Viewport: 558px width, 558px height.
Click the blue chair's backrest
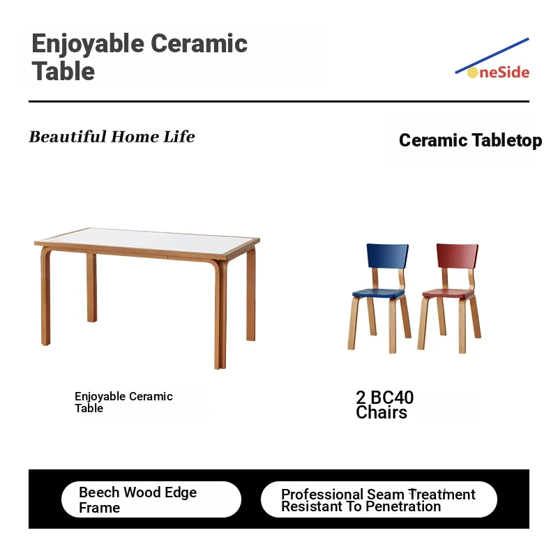tap(388, 256)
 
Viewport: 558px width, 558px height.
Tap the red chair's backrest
tap(458, 256)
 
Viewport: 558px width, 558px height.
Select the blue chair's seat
tap(378, 294)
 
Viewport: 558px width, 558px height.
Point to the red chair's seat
tap(448, 294)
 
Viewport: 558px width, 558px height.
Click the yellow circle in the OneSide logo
tap(472, 73)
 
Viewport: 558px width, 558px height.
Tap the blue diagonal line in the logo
tap(492, 56)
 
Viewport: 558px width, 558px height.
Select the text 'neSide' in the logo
tap(504, 73)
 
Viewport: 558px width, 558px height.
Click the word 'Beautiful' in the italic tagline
tap(68, 137)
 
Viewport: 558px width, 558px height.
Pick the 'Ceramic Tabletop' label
tap(470, 140)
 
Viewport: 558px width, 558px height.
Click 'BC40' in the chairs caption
tap(392, 398)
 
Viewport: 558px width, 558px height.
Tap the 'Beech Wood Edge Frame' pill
tap(151, 499)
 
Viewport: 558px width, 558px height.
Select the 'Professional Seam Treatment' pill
tap(379, 499)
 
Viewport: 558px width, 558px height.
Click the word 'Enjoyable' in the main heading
tap(88, 44)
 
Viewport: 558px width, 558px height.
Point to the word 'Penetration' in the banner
tap(403, 506)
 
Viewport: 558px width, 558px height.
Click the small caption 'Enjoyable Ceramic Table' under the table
tap(123, 402)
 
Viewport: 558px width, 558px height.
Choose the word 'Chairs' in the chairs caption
tap(382, 412)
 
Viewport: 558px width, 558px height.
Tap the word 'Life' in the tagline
tap(179, 137)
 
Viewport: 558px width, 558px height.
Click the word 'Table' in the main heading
tap(63, 71)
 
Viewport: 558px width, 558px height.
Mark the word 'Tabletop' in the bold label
tap(507, 140)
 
